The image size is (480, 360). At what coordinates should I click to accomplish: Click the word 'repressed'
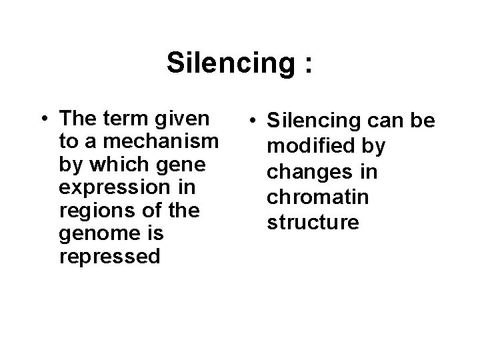coord(110,257)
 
